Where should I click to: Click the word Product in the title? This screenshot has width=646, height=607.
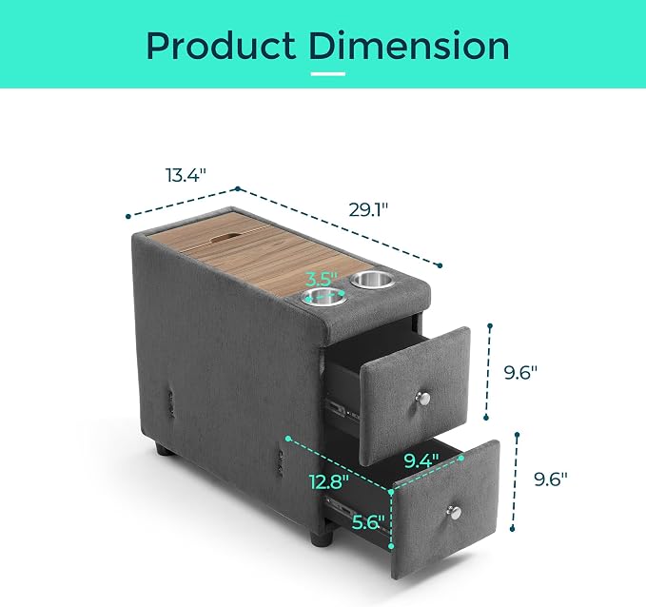click(221, 46)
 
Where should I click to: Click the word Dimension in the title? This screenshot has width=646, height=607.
click(409, 46)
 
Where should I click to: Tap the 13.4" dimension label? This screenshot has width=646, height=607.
click(186, 175)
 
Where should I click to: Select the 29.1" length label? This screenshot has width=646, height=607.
click(368, 209)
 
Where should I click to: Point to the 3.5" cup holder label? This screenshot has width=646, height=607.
click(323, 279)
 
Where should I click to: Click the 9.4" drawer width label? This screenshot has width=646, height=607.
click(421, 460)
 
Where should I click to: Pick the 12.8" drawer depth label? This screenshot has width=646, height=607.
click(329, 481)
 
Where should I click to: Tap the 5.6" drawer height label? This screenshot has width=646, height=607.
click(368, 522)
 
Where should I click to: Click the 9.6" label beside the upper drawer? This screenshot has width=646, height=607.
click(520, 373)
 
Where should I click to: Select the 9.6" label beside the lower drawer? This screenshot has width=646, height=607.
click(551, 479)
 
